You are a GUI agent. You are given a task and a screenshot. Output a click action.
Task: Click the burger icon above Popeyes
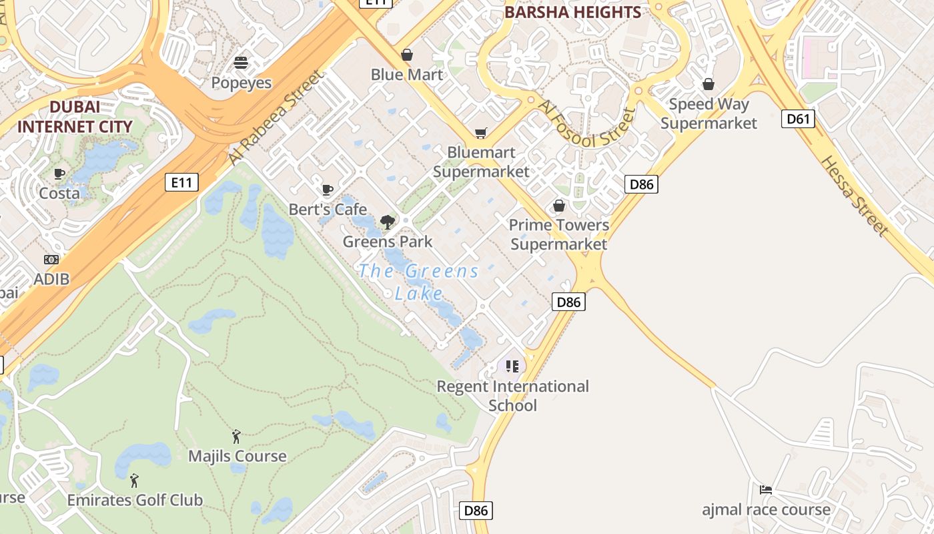241,63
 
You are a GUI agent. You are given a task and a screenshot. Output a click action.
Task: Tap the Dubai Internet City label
75,116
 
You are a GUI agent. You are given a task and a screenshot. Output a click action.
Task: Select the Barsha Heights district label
572,12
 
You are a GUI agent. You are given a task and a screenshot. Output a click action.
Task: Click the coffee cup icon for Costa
59,174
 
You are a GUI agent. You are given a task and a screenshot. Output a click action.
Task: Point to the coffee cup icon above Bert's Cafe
327,190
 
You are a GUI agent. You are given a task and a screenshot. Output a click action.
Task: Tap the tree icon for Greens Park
387,222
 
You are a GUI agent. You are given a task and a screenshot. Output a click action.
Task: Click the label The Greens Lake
418,282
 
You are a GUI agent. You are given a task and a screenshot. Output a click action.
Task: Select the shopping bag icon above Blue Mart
406,55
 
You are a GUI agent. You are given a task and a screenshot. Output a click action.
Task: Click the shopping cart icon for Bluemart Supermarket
480,133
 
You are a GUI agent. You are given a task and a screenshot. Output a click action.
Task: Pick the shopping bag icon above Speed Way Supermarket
708,84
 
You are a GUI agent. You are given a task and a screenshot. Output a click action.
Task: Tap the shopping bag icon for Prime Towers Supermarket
558,206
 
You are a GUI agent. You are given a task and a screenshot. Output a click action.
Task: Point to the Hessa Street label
855,196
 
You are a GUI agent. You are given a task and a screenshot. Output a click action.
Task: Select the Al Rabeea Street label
276,117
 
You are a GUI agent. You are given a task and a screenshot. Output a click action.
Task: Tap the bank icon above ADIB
51,260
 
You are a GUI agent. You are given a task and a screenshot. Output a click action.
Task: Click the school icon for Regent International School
512,366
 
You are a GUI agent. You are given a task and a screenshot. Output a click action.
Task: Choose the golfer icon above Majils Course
236,437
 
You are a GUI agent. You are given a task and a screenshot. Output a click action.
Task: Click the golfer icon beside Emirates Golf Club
134,480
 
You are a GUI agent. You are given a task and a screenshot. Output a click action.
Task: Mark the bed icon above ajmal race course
766,490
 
